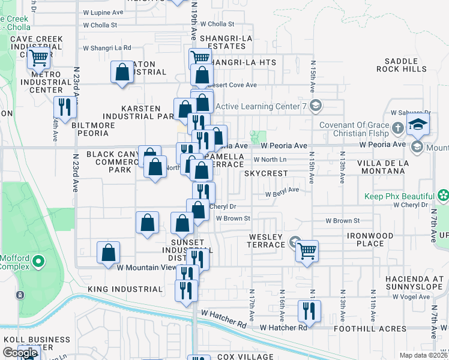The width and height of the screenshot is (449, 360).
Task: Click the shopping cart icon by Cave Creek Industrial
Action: [x=38, y=58]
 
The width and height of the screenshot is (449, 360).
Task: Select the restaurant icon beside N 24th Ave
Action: [x=63, y=107]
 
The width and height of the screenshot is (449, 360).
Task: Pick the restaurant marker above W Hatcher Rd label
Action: [x=309, y=310]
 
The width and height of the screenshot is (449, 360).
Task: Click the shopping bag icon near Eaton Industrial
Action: [x=122, y=73]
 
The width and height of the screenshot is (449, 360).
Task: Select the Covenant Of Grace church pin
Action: [x=397, y=128]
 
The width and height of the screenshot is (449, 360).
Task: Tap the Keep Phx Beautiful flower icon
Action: [x=443, y=196]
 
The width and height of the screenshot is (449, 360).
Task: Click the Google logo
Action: [x=20, y=353]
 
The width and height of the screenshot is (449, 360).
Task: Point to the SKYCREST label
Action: [x=266, y=173]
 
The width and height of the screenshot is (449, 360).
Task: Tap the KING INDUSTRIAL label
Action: [x=125, y=289]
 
